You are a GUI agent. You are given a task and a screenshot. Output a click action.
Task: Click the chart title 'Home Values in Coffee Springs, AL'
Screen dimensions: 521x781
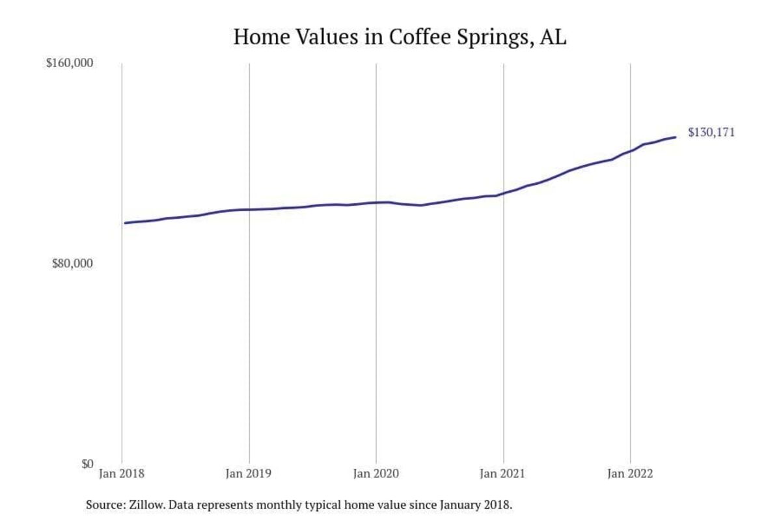click(400, 36)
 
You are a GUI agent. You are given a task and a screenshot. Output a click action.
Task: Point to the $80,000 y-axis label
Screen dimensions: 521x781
click(73, 264)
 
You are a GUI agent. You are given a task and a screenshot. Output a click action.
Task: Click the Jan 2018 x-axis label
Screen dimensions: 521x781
click(122, 475)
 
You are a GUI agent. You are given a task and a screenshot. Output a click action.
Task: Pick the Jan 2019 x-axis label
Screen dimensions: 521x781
click(249, 475)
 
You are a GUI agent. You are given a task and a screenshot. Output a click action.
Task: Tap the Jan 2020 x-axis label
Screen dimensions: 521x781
click(376, 475)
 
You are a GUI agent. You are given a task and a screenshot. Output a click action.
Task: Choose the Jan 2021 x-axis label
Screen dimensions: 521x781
click(503, 475)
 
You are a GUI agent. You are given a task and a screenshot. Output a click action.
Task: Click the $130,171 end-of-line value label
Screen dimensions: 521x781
click(711, 133)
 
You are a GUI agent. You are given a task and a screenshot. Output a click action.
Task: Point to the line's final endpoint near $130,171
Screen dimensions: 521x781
click(676, 137)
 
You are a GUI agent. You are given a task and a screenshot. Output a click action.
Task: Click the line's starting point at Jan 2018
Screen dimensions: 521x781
click(125, 223)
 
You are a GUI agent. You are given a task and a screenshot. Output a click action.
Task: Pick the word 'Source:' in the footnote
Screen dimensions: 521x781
click(103, 505)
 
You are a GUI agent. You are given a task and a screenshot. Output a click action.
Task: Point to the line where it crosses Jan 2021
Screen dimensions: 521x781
click(503, 193)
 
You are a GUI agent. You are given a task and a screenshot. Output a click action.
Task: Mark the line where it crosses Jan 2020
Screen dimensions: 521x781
click(376, 203)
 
